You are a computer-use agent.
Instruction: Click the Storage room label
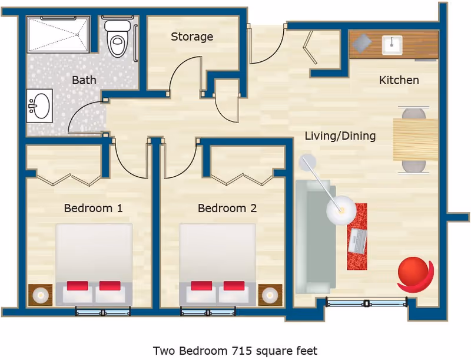coord(192,37)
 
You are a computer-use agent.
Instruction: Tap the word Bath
coord(84,80)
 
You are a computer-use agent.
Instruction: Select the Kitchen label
coord(399,80)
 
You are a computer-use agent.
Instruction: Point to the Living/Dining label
coord(340,136)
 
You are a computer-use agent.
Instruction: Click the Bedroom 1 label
coord(93,208)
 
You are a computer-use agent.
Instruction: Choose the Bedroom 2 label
coord(227,208)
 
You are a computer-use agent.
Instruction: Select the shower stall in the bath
coord(58,34)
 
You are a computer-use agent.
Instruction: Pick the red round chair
coord(414,273)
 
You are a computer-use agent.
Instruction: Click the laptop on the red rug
coord(358,240)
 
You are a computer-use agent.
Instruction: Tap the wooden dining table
coord(416,140)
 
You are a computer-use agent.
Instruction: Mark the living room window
coord(366,303)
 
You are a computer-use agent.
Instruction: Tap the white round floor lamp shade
coord(341,210)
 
